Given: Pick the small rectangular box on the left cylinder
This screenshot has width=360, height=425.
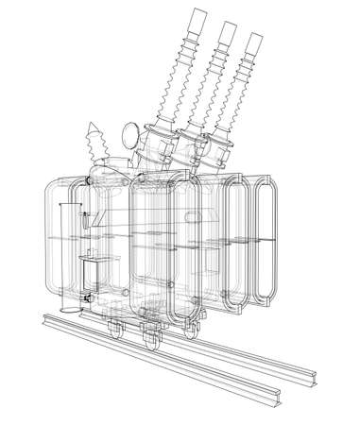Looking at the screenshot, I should coord(92,274).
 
